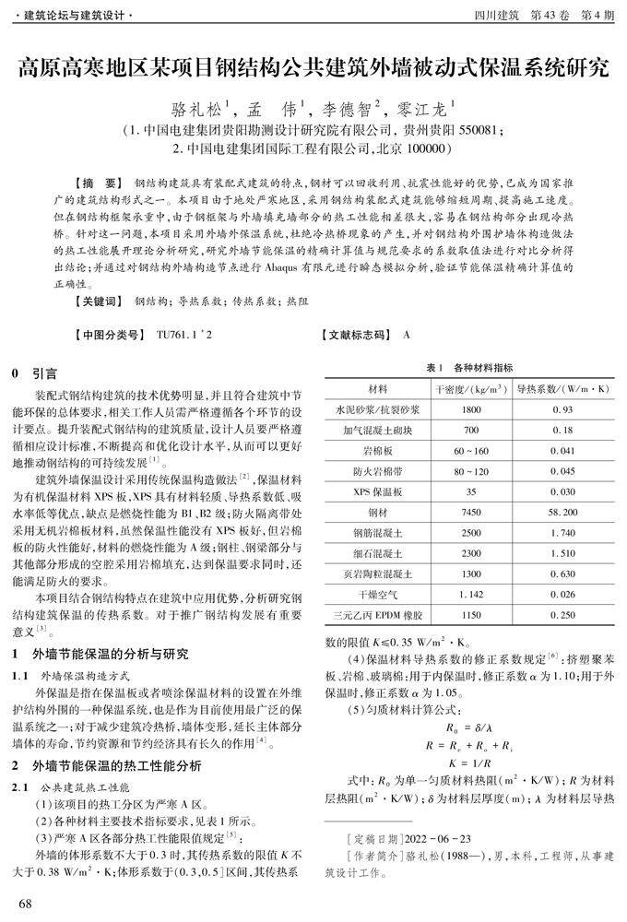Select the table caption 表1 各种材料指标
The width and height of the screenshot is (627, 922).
(x=469, y=368)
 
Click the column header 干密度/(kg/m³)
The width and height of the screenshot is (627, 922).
(x=470, y=388)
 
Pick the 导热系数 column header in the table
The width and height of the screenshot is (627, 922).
(x=562, y=388)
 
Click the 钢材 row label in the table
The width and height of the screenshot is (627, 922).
(x=378, y=511)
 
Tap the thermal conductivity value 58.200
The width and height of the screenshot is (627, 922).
(x=562, y=511)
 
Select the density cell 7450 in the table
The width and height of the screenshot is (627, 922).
(x=470, y=511)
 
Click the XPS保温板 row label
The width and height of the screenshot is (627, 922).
(x=378, y=491)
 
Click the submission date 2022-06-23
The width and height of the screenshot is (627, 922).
(x=432, y=838)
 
